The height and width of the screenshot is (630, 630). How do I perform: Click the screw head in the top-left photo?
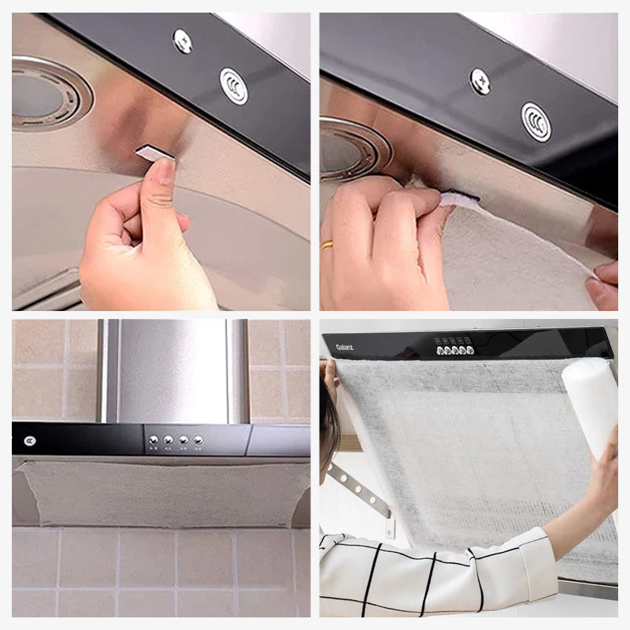[183, 40]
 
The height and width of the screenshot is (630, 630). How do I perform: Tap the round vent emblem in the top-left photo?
[233, 86]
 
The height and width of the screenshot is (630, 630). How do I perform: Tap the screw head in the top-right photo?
[480, 80]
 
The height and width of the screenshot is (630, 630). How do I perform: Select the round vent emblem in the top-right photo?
[535, 121]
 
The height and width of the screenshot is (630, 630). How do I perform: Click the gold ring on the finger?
[327, 244]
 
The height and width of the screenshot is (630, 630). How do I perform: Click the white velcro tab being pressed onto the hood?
[460, 201]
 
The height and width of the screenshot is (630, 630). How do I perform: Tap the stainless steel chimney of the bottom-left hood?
[173, 370]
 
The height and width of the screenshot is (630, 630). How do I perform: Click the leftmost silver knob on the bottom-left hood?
[154, 440]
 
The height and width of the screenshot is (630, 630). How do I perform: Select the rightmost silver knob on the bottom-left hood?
[198, 440]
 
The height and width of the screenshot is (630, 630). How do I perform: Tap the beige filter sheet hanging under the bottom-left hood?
[157, 494]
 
